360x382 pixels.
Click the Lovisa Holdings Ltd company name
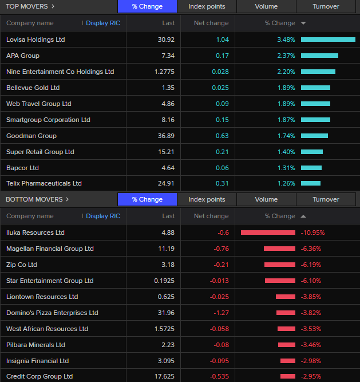[35, 40]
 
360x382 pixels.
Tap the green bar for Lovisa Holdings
[328, 40]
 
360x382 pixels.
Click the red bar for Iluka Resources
[268, 233]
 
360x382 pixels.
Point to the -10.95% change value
[312, 233]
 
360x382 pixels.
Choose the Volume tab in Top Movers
[266, 6]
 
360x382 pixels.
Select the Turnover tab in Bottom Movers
[326, 199]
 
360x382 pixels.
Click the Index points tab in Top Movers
[207, 6]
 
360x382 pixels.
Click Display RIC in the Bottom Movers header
[103, 216]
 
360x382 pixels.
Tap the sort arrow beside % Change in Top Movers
[303, 23]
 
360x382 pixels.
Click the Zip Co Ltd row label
[22, 265]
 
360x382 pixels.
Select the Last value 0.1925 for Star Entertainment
[164, 281]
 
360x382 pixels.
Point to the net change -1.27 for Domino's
[220, 313]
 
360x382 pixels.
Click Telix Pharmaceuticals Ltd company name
[44, 183]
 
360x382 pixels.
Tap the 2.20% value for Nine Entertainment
[286, 72]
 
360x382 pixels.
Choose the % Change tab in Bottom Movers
[147, 199]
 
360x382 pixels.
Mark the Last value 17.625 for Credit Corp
[164, 376]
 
